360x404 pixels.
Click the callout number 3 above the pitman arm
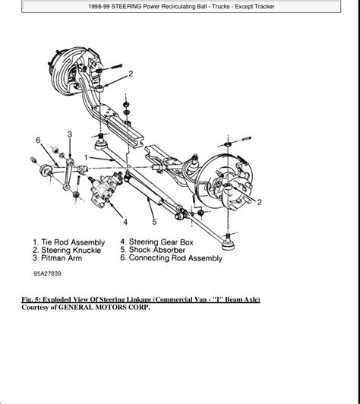[70, 134]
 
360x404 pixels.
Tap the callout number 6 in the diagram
[38, 140]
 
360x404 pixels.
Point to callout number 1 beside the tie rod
[87, 157]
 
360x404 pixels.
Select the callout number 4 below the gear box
[125, 222]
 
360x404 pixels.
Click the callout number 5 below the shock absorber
[154, 222]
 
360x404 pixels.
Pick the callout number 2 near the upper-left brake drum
[131, 74]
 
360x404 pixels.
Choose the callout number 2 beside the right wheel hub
[259, 202]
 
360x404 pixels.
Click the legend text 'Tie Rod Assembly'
[73, 242]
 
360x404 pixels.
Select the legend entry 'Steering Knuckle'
[71, 250]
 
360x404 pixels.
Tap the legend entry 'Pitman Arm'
[62, 258]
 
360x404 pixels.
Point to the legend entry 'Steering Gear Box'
[161, 242]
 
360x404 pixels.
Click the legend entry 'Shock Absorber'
[157, 250]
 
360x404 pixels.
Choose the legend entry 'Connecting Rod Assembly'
[175, 258]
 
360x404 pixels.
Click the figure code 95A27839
[47, 273]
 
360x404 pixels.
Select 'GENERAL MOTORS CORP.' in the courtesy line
[104, 308]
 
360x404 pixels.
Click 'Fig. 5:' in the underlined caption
[31, 300]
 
